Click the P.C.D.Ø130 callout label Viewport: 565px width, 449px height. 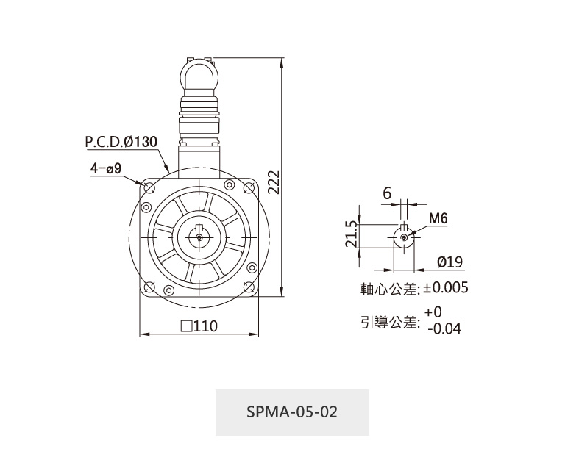[121, 142]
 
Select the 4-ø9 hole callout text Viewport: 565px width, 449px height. [106, 168]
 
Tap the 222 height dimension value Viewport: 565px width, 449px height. [274, 182]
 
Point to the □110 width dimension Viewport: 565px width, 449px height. [199, 326]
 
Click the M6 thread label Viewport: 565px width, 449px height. [438, 218]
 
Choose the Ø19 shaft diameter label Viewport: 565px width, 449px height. [449, 262]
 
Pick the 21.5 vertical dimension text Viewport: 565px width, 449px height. [352, 234]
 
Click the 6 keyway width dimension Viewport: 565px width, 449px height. [387, 193]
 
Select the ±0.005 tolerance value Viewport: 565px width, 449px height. [445, 287]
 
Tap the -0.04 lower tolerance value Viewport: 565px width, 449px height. [444, 328]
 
